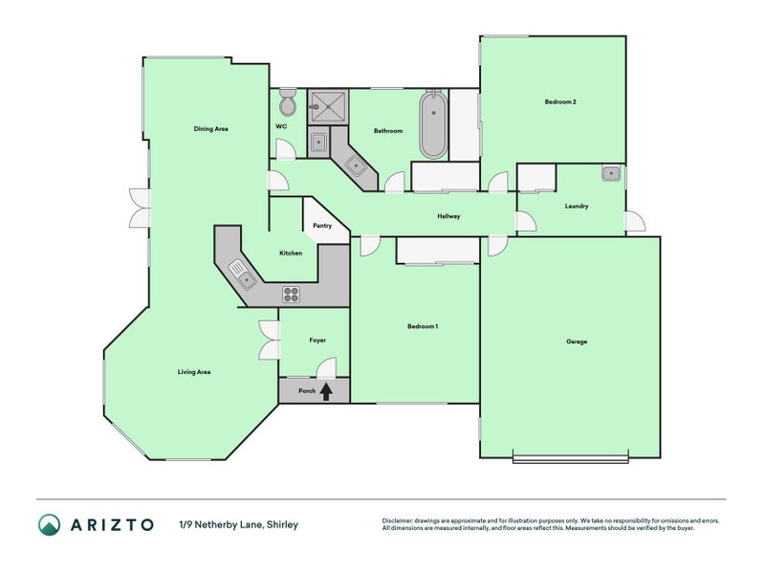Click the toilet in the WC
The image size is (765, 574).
tap(288, 102)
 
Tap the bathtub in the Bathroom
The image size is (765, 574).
tap(433, 124)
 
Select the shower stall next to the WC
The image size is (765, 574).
tap(327, 106)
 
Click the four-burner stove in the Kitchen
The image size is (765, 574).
tap(292, 295)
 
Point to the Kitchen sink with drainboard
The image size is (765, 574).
tap(243, 275)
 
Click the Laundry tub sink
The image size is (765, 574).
tap(611, 173)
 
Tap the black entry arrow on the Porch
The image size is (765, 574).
tap(326, 391)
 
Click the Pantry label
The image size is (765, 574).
tap(322, 226)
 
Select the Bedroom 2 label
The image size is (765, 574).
tap(560, 102)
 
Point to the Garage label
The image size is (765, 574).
tap(577, 342)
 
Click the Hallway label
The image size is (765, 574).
tap(448, 216)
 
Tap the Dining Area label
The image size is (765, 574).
tap(210, 129)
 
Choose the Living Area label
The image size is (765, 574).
tap(194, 372)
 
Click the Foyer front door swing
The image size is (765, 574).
tap(326, 368)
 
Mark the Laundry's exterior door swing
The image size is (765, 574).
tap(635, 221)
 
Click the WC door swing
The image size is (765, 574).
tap(286, 149)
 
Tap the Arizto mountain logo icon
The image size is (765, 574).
tap(50, 524)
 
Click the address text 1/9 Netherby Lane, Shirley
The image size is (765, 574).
tap(238, 524)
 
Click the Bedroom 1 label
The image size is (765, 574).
tap(423, 326)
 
